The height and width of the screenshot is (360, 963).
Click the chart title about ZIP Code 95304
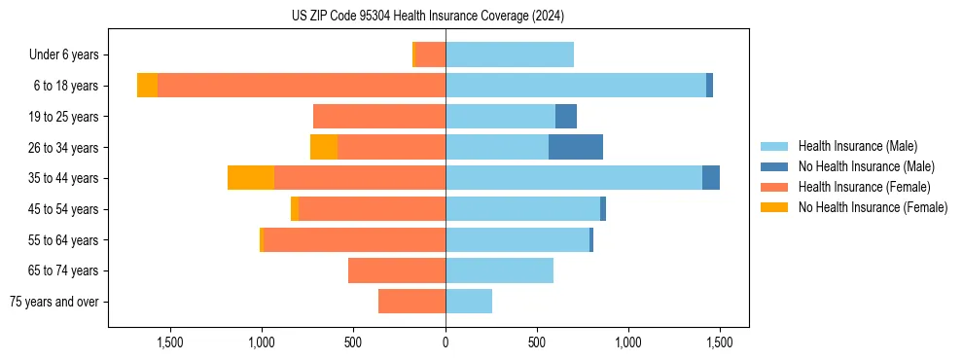(x=427, y=17)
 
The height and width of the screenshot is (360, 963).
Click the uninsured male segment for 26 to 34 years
(x=576, y=147)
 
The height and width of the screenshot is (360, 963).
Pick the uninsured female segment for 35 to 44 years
(x=251, y=178)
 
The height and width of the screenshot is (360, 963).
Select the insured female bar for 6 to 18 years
(x=302, y=86)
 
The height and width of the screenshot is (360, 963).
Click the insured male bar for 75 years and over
(x=469, y=302)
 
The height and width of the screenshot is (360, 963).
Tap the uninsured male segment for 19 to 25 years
(x=566, y=117)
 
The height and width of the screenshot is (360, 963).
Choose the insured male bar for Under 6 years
(x=510, y=54)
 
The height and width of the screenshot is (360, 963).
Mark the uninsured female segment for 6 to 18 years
(x=147, y=86)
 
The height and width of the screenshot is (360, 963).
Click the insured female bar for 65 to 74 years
(x=397, y=270)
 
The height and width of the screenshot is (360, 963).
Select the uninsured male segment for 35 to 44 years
(x=711, y=178)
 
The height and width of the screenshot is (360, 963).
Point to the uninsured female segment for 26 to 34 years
(x=324, y=147)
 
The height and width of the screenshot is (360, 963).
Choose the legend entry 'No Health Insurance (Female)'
(x=873, y=207)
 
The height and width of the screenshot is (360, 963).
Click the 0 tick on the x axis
(x=446, y=342)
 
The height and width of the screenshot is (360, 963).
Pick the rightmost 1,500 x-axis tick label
(x=720, y=342)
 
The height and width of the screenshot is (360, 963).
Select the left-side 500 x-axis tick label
(x=354, y=342)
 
